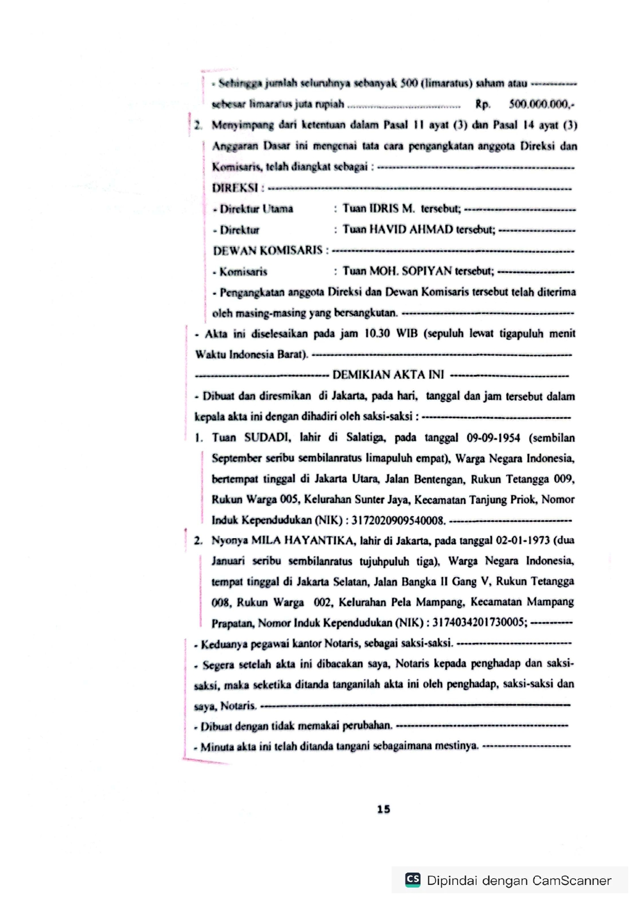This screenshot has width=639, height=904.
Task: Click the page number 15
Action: click(x=383, y=809)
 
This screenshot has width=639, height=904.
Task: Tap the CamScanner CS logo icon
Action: click(x=413, y=879)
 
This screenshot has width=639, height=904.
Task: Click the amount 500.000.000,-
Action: click(x=541, y=104)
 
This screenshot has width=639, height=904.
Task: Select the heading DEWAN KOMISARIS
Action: click(x=268, y=250)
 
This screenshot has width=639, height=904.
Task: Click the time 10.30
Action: click(x=377, y=333)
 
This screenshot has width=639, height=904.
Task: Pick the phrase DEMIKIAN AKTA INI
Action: click(x=388, y=375)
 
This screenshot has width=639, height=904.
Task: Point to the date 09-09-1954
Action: click(x=493, y=438)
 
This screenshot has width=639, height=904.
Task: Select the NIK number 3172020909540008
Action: click(x=398, y=520)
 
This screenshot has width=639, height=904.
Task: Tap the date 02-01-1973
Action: click(x=523, y=540)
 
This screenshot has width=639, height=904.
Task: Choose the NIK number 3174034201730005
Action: click(x=479, y=622)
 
